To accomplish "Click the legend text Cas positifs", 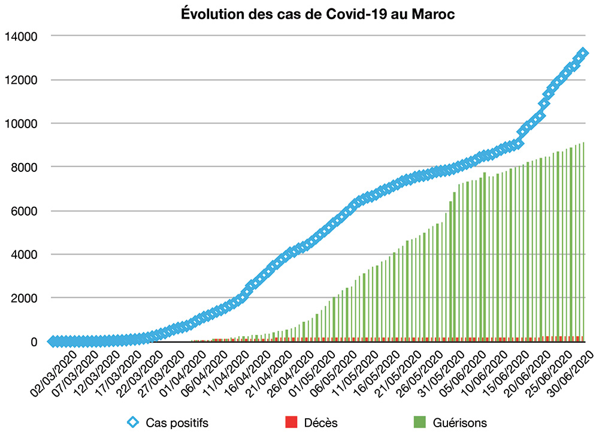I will pos(177,422).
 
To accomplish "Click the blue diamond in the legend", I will pos(135,422).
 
